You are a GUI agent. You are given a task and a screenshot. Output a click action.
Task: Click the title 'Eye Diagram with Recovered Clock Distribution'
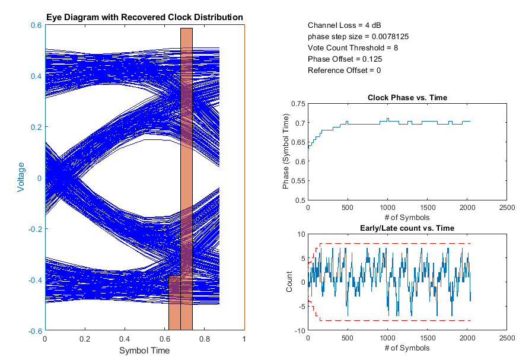(x=145, y=17)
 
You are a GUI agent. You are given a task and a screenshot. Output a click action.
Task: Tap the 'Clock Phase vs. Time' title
(x=407, y=97)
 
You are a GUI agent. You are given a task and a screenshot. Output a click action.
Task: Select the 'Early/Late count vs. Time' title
(x=407, y=228)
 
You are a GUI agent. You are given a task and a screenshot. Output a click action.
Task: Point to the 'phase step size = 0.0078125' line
(x=358, y=37)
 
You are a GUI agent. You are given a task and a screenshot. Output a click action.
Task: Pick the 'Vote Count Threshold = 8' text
(x=353, y=48)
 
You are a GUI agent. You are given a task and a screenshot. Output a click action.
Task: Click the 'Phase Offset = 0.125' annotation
(x=345, y=59)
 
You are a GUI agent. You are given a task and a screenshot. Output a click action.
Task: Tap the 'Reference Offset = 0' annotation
(x=344, y=71)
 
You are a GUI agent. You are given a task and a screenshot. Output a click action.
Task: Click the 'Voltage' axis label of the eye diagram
(x=21, y=178)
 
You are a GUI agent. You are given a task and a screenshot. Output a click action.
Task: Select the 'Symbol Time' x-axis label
(x=145, y=351)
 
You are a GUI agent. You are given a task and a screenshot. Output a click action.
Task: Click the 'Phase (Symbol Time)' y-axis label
(x=286, y=152)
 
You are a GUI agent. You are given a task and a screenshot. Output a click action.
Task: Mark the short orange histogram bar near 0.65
(x=174, y=302)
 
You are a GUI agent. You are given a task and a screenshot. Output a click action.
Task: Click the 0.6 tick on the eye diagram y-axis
(x=35, y=26)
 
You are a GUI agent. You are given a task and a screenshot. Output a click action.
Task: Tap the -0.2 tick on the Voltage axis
(x=34, y=229)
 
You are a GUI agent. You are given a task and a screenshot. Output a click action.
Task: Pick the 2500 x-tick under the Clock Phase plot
(x=506, y=208)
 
